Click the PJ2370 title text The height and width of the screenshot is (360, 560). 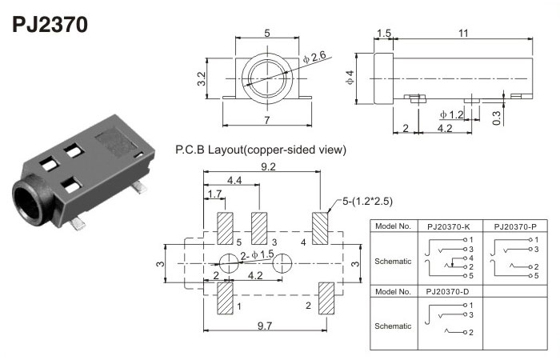click(x=50, y=23)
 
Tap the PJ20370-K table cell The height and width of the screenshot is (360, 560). click(x=450, y=226)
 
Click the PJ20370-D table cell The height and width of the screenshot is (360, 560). click(x=450, y=291)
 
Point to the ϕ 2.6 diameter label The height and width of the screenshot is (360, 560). click(x=315, y=57)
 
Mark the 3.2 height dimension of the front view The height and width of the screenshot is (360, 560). click(x=202, y=78)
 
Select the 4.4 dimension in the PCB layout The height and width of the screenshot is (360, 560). click(x=235, y=182)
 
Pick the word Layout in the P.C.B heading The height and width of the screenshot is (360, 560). click(x=224, y=150)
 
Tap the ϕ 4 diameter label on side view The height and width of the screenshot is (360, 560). click(x=350, y=78)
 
